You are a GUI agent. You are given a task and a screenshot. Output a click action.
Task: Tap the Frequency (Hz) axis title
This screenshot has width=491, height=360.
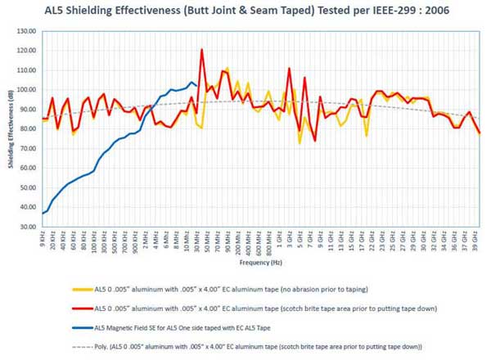click(x=261, y=263)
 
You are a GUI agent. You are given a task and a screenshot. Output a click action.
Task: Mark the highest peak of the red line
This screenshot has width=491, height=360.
click(x=202, y=50)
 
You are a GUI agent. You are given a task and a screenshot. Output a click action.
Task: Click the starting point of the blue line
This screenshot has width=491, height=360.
click(x=43, y=213)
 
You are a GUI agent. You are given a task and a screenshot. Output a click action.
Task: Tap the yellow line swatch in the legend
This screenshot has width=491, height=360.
click(x=79, y=289)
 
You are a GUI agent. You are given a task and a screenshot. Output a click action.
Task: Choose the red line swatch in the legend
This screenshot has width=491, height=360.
click(x=79, y=308)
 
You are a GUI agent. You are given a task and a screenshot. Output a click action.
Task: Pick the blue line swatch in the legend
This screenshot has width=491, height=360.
click(x=79, y=327)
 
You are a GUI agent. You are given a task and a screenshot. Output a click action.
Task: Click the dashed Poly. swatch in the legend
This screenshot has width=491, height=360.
click(x=79, y=346)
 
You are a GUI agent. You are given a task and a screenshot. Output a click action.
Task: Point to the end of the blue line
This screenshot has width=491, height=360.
click(x=197, y=85)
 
